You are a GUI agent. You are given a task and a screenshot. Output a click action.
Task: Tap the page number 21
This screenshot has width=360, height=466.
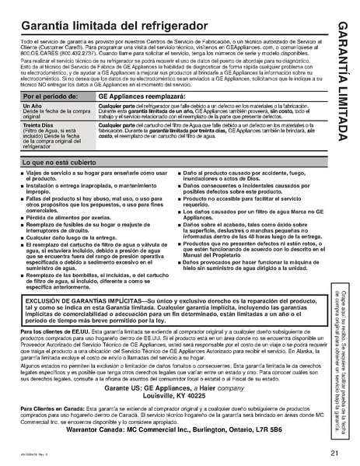(x=333, y=452)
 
